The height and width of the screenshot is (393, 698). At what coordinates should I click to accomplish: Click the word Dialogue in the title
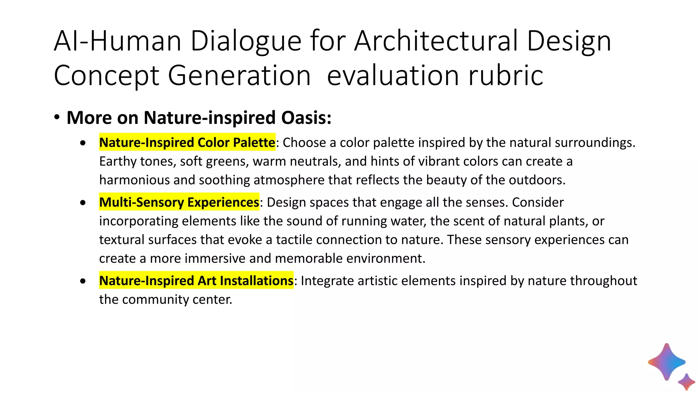pyautogui.click(x=246, y=42)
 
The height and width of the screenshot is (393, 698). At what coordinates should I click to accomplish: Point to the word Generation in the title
pyautogui.click(x=239, y=76)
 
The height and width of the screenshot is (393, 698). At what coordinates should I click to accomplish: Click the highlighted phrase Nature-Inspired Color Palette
pyautogui.click(x=187, y=142)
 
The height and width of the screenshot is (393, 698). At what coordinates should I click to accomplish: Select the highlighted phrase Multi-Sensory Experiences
pyautogui.click(x=179, y=202)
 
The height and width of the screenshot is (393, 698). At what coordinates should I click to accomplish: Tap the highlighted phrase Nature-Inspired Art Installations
pyautogui.click(x=196, y=280)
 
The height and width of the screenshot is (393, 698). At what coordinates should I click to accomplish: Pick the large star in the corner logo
pyautogui.click(x=666, y=362)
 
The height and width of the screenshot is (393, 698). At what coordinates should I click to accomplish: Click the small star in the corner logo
pyautogui.click(x=686, y=381)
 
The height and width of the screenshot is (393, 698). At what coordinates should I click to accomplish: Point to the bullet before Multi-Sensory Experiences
pyautogui.click(x=83, y=203)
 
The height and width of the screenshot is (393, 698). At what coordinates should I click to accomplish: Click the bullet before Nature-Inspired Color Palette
pyautogui.click(x=83, y=143)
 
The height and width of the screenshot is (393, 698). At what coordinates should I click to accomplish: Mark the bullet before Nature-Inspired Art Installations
pyautogui.click(x=83, y=281)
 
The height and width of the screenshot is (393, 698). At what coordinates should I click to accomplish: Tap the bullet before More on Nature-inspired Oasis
pyautogui.click(x=57, y=118)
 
